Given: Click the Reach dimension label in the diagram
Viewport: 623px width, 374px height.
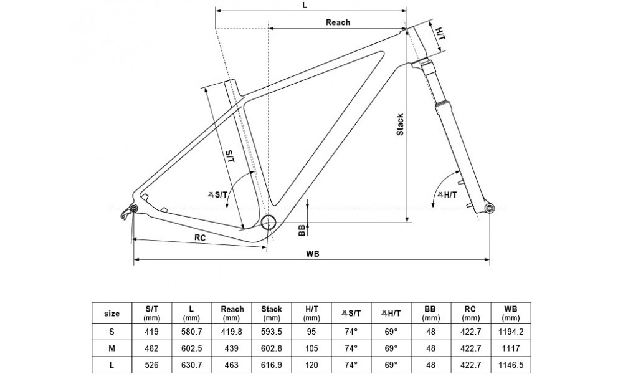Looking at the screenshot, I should pos(338,22).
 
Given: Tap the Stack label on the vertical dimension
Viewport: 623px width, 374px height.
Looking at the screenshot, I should pos(400,124).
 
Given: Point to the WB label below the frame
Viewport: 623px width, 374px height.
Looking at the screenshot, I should pos(311,254).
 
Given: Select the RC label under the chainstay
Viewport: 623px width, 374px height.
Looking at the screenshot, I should pos(200,237).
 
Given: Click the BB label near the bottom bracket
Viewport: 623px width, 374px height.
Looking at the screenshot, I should pos(302,231).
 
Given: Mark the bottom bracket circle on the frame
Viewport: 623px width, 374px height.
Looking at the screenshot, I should pos(269,223).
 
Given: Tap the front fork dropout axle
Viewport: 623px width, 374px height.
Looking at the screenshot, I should pos(488,208).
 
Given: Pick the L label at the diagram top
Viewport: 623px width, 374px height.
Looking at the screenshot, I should pos(304,4).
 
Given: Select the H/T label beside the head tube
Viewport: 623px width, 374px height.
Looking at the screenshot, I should pos(440,32).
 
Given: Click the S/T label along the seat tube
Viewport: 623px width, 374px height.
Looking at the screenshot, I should pos(229,156).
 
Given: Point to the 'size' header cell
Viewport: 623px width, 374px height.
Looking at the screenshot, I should pos(112,312).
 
